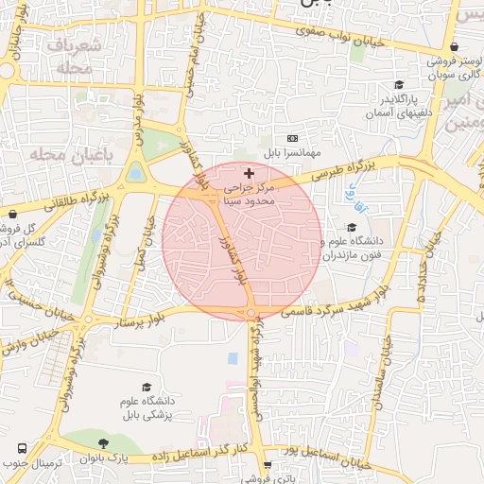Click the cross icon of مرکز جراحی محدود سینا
(249, 173)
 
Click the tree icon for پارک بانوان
(103, 443)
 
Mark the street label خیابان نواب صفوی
(349, 38)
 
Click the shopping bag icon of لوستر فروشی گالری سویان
(456, 45)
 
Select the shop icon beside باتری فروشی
(268, 464)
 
